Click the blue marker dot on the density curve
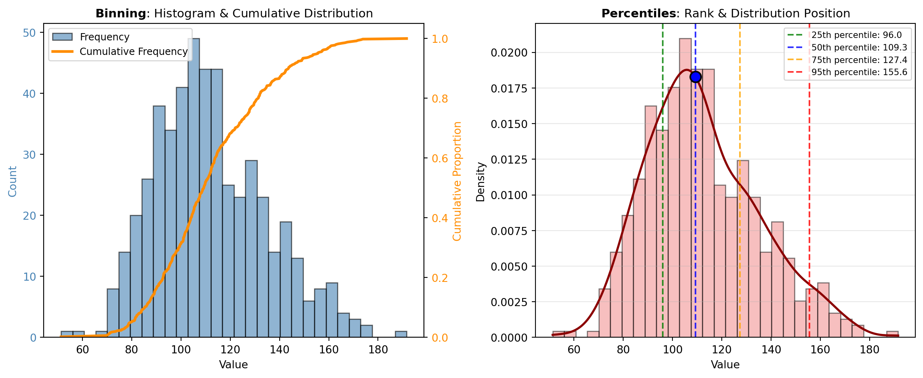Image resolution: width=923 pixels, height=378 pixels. coord(695,77)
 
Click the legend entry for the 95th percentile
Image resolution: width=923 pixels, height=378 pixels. coord(859,72)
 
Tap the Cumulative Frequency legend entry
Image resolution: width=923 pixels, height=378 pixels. coord(133,52)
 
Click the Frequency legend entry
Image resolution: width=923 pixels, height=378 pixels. coord(104,37)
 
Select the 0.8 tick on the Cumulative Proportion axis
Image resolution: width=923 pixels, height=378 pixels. coord(440,99)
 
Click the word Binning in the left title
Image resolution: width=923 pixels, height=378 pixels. coord(120,14)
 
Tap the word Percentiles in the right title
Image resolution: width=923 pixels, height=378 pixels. coord(639,14)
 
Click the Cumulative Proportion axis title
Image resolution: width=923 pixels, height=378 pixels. coord(457,181)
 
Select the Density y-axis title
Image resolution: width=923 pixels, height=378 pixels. coord(480,182)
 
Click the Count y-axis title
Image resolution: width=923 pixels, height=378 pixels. coord(13,182)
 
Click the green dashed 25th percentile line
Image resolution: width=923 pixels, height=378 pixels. coord(663,202)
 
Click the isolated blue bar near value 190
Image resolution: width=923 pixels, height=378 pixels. coord(401,334)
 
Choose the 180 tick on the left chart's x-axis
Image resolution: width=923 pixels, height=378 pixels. coord(378,350)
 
